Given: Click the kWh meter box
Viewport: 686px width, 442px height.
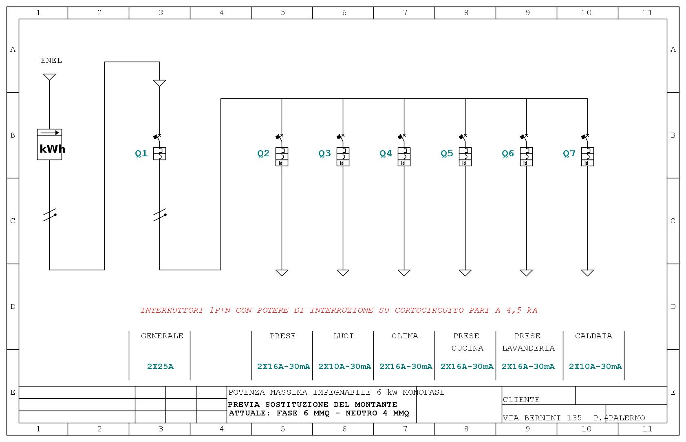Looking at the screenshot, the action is [x=49, y=144].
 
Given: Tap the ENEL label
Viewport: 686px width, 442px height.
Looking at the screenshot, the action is [x=51, y=61].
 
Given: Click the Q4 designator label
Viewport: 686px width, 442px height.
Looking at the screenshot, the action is [x=386, y=153].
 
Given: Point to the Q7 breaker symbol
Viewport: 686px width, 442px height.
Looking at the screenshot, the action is [x=587, y=150].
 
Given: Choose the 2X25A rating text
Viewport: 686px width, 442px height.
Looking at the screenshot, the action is [x=160, y=366].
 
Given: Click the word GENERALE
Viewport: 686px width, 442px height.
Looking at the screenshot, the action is [x=162, y=336].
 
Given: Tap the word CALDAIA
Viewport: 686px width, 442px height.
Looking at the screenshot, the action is [x=593, y=336].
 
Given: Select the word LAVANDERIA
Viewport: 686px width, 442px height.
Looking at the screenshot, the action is [x=528, y=349].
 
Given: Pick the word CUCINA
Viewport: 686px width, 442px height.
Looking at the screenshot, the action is [x=468, y=349].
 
